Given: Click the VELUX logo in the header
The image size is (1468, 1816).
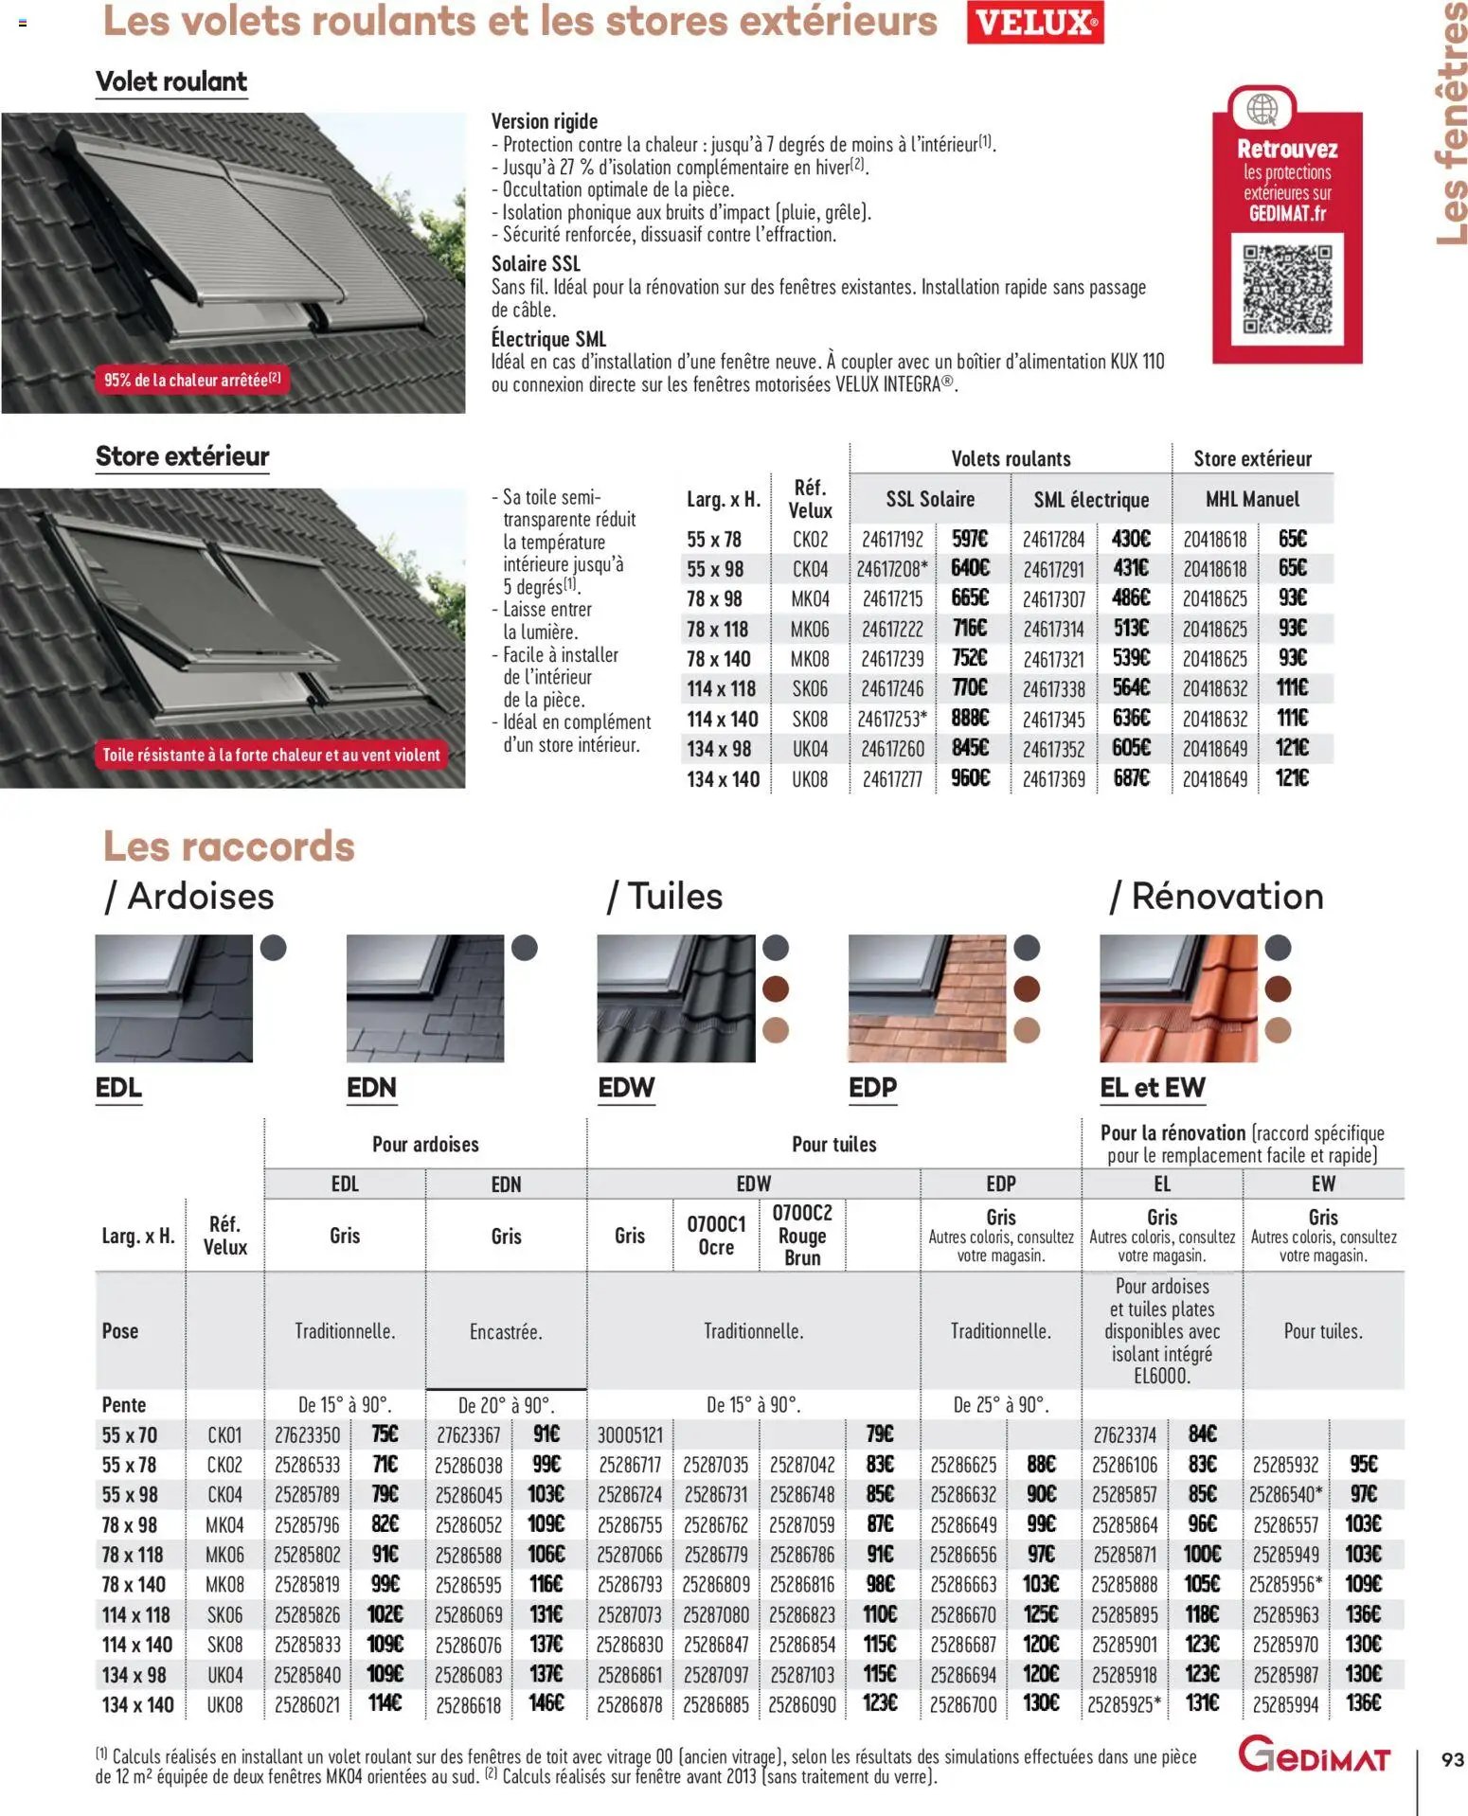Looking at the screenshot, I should [x=1035, y=22].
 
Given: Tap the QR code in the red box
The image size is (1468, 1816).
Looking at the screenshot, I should [x=1286, y=289].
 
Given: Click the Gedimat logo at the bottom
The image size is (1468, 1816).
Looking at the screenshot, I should [x=1314, y=1754].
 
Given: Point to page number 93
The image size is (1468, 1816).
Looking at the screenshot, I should [x=1452, y=1759].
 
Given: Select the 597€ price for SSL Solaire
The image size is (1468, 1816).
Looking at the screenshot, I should [x=970, y=539].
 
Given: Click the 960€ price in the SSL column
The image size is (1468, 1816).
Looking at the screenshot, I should [x=970, y=778].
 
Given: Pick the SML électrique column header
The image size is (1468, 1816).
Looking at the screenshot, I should [x=1091, y=499].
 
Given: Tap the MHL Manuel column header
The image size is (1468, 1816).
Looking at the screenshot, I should [x=1252, y=499].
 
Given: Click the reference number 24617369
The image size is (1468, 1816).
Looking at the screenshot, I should [x=1053, y=779].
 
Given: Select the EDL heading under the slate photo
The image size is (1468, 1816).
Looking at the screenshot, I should [x=118, y=1087].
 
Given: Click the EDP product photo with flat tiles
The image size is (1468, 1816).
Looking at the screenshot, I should [x=927, y=998].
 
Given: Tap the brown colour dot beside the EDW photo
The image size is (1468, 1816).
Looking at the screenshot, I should [x=776, y=988].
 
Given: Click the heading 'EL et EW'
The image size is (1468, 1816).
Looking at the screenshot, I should [x=1152, y=1087].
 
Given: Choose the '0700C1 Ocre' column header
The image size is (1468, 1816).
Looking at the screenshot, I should [x=716, y=1235].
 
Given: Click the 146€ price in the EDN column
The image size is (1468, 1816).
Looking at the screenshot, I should [x=546, y=1703].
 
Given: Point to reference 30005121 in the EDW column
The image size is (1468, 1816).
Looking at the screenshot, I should [x=630, y=1434].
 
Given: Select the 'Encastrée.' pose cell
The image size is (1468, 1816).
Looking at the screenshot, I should [x=506, y=1331].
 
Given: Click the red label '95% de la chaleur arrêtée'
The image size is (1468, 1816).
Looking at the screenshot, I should [x=192, y=380].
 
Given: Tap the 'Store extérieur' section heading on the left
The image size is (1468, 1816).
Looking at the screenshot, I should [x=182, y=456].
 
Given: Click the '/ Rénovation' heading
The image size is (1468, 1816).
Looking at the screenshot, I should [x=1216, y=896].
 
